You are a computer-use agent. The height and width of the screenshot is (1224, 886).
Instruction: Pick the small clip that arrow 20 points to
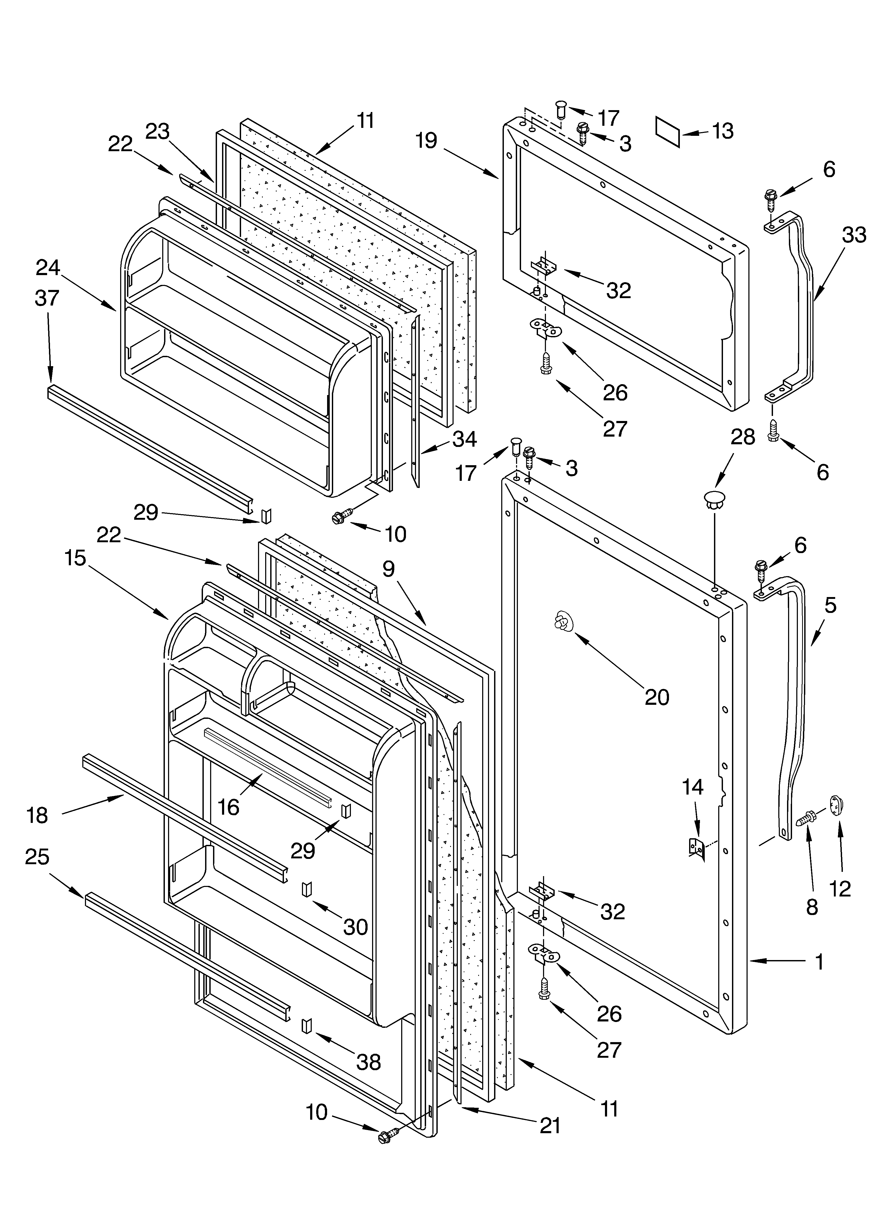coord(562,623)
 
